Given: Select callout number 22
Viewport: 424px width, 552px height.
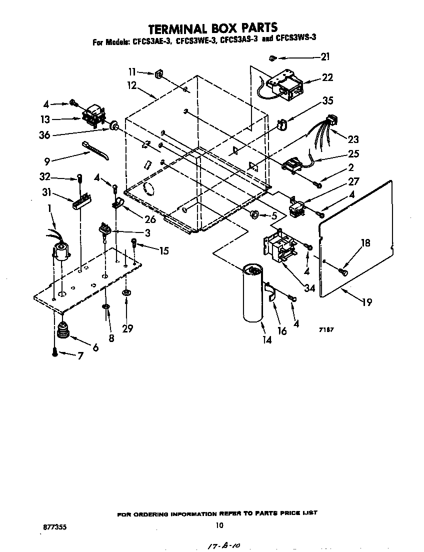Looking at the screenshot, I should (327, 78).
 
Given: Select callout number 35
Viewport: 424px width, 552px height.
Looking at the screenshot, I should (327, 100).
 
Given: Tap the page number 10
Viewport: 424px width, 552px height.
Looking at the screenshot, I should (218, 525).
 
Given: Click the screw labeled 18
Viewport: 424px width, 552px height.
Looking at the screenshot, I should (342, 271).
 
